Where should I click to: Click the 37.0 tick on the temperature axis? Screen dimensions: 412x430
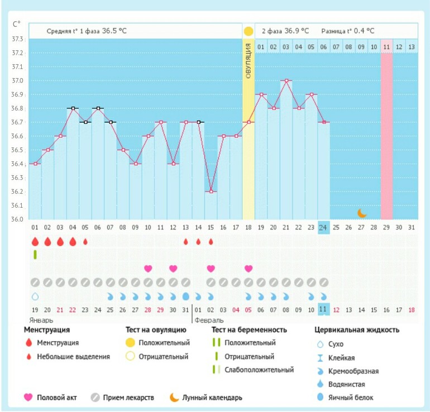click(x=18, y=81)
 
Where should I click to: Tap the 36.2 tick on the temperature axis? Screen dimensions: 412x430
click(x=18, y=191)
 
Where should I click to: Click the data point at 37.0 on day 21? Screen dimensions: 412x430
click(x=286, y=81)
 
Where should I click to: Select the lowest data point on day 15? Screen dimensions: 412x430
click(x=211, y=191)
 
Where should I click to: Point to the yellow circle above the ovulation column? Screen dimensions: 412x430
click(x=248, y=31)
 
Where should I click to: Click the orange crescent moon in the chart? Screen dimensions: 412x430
click(x=362, y=213)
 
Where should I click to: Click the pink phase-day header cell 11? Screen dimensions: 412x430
click(x=386, y=47)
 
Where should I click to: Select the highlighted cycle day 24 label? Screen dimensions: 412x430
click(x=323, y=227)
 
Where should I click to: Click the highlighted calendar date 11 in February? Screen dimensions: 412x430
click(x=323, y=309)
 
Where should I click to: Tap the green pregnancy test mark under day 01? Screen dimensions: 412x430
click(x=35, y=255)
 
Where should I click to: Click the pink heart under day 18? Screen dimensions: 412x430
click(x=248, y=269)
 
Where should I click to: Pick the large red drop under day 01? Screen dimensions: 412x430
click(x=35, y=242)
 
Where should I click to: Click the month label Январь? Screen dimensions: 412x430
click(x=39, y=320)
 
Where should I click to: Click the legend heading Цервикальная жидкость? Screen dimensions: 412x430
click(x=357, y=330)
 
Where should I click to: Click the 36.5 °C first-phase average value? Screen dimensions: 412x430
click(x=114, y=31)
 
